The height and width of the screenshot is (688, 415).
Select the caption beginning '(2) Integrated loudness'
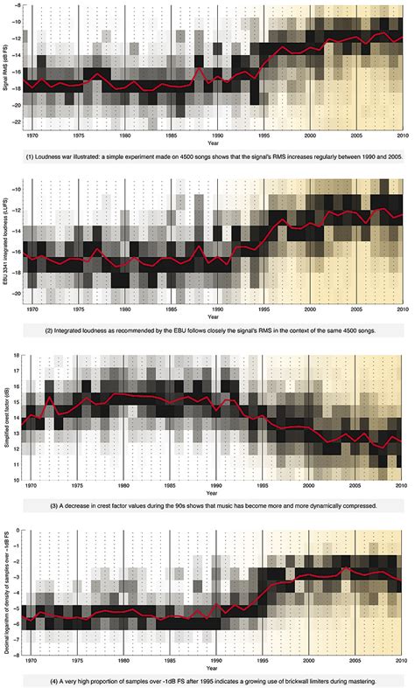click(x=207, y=330)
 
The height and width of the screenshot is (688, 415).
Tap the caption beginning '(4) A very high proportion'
click(x=207, y=678)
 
